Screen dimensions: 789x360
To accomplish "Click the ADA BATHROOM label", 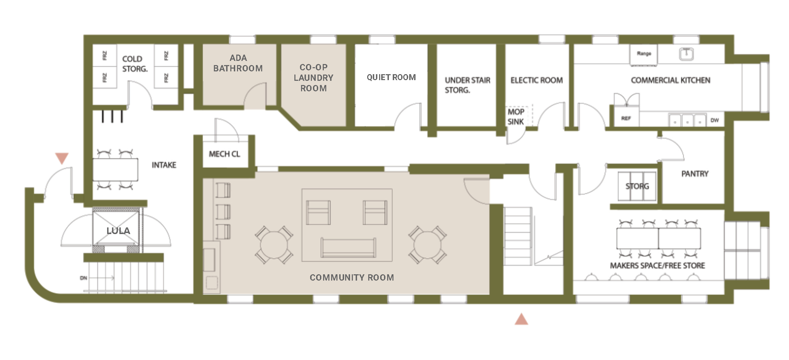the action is click(238, 63).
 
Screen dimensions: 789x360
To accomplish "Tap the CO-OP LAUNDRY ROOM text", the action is click(313, 78).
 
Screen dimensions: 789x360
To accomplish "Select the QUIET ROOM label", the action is click(391, 77).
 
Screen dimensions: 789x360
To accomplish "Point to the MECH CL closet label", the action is click(224, 154).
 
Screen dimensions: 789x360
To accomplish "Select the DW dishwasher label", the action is click(714, 120).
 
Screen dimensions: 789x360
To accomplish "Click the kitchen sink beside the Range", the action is click(686, 54).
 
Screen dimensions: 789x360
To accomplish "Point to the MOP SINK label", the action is click(516, 117).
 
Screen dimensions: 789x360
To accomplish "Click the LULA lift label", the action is click(118, 231).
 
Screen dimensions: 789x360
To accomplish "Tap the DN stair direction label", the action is click(83, 278).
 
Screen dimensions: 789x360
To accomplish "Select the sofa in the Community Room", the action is click(348, 248).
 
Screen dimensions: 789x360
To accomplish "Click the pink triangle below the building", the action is click(521, 319).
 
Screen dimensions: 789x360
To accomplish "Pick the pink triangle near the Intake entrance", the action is click(62, 158).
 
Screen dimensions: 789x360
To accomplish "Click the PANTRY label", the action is click(695, 174).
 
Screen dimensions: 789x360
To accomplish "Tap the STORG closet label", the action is click(637, 186).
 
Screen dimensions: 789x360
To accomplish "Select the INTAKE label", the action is click(164, 165).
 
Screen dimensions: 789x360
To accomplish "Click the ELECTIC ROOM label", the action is click(537, 80).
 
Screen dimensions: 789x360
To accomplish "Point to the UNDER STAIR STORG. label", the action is click(467, 85).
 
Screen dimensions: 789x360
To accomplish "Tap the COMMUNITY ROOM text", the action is click(352, 277).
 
